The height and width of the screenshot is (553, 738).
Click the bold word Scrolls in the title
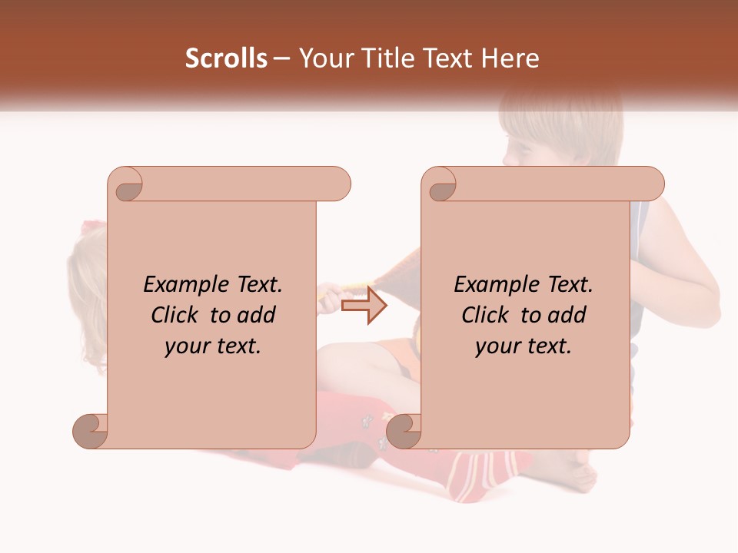[x=226, y=58]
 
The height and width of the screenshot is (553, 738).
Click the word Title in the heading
[x=386, y=58]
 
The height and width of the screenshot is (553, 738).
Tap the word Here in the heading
[x=510, y=58]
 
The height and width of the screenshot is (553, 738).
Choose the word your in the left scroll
[x=187, y=346]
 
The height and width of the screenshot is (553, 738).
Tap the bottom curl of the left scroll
[x=91, y=430]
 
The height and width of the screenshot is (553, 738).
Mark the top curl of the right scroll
[x=441, y=187]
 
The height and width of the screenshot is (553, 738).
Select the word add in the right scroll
[x=567, y=315]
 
